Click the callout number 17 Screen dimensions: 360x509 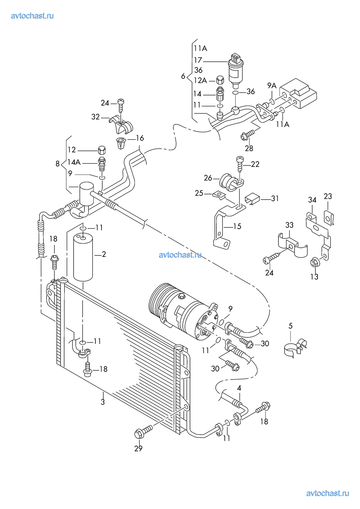click(x=198, y=60)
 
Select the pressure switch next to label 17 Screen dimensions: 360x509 click(x=236, y=71)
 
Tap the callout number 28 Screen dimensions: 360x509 click(x=249, y=148)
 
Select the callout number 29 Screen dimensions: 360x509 click(x=138, y=448)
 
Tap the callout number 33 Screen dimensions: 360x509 click(x=289, y=225)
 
